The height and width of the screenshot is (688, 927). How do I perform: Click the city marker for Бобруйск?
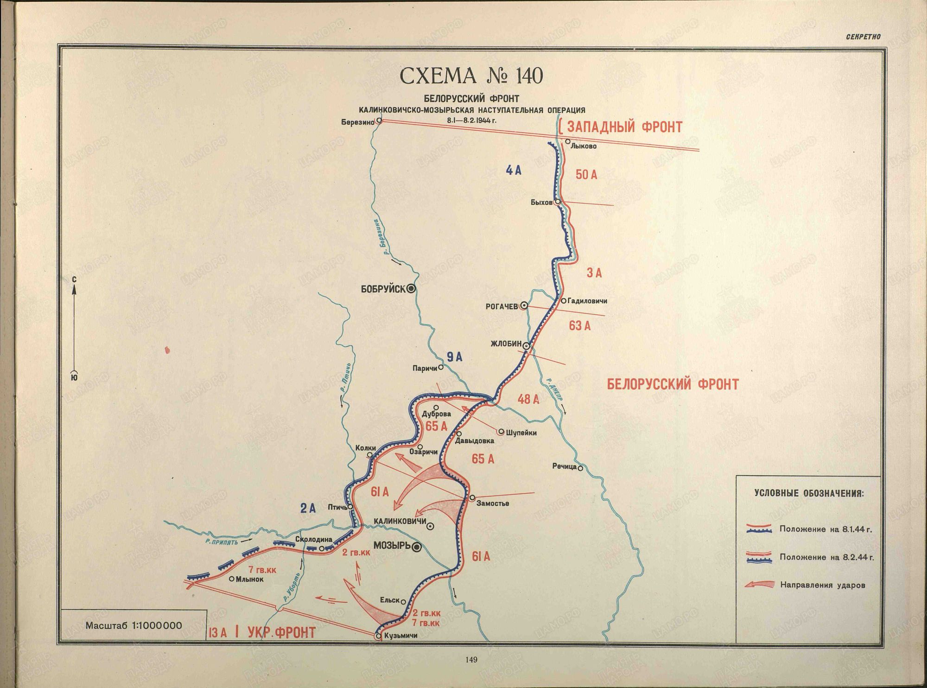click(x=411, y=289)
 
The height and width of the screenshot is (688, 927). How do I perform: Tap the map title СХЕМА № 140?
click(x=471, y=76)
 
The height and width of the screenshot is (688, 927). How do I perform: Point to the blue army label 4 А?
click(x=514, y=171)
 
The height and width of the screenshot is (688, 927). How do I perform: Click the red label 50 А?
click(x=586, y=175)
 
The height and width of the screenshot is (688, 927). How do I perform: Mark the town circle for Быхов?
click(x=558, y=202)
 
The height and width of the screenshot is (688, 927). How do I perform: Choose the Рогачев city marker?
click(x=524, y=306)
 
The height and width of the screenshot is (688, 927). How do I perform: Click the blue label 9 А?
click(x=454, y=357)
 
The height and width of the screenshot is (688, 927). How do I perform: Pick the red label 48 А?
click(x=528, y=399)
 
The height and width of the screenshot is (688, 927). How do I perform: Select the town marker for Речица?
click(x=580, y=468)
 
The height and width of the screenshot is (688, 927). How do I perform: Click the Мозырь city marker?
click(x=417, y=548)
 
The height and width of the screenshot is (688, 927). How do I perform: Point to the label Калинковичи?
click(x=400, y=521)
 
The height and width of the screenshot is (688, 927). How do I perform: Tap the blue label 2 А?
click(x=307, y=509)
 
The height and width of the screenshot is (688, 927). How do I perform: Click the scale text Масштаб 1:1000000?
click(x=133, y=625)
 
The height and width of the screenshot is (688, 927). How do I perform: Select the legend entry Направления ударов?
click(x=822, y=585)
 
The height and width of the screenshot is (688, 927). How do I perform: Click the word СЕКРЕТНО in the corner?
click(x=863, y=37)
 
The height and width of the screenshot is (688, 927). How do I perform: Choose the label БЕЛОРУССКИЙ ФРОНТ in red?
click(x=673, y=384)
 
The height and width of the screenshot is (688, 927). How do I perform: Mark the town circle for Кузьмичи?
click(x=378, y=636)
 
